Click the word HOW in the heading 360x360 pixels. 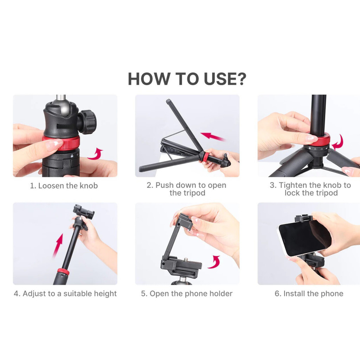[x=148, y=79]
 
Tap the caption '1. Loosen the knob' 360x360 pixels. [x=64, y=186]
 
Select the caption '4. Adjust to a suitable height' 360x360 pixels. [x=65, y=294]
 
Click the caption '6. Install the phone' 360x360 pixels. [x=309, y=294]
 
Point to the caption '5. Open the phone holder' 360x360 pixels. [x=187, y=294]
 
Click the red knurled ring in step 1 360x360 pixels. [x=62, y=143]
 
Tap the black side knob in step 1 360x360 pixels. [x=88, y=122]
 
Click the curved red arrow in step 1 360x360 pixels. [x=96, y=154]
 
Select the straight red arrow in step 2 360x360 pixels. [x=213, y=136]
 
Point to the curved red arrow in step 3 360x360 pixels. [x=338, y=143]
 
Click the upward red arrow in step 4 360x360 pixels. [x=58, y=245]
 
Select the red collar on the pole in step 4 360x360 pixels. [x=63, y=272]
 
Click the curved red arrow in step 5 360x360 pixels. [x=215, y=262]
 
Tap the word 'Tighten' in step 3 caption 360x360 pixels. [x=293, y=185]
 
